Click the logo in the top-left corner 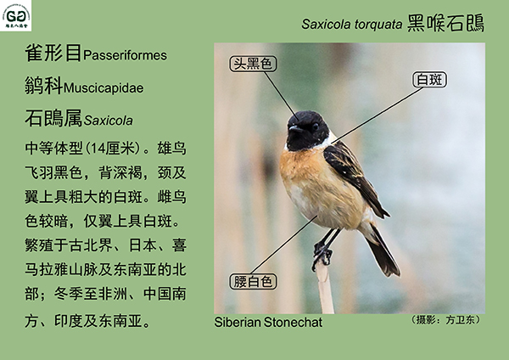click(x=15, y=15)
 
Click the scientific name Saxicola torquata click(x=351, y=24)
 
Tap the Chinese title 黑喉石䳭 click(x=445, y=23)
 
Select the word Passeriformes click(x=125, y=55)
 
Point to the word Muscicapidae click(x=103, y=87)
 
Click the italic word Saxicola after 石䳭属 click(x=109, y=121)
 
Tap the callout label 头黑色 click(x=253, y=64)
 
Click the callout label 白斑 click(x=429, y=80)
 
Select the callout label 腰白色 click(x=253, y=281)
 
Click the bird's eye click(x=315, y=127)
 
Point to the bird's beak click(x=295, y=129)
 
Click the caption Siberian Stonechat click(x=268, y=323)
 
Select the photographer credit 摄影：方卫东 click(x=445, y=320)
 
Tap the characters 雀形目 click(x=53, y=53)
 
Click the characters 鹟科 click(x=44, y=86)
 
